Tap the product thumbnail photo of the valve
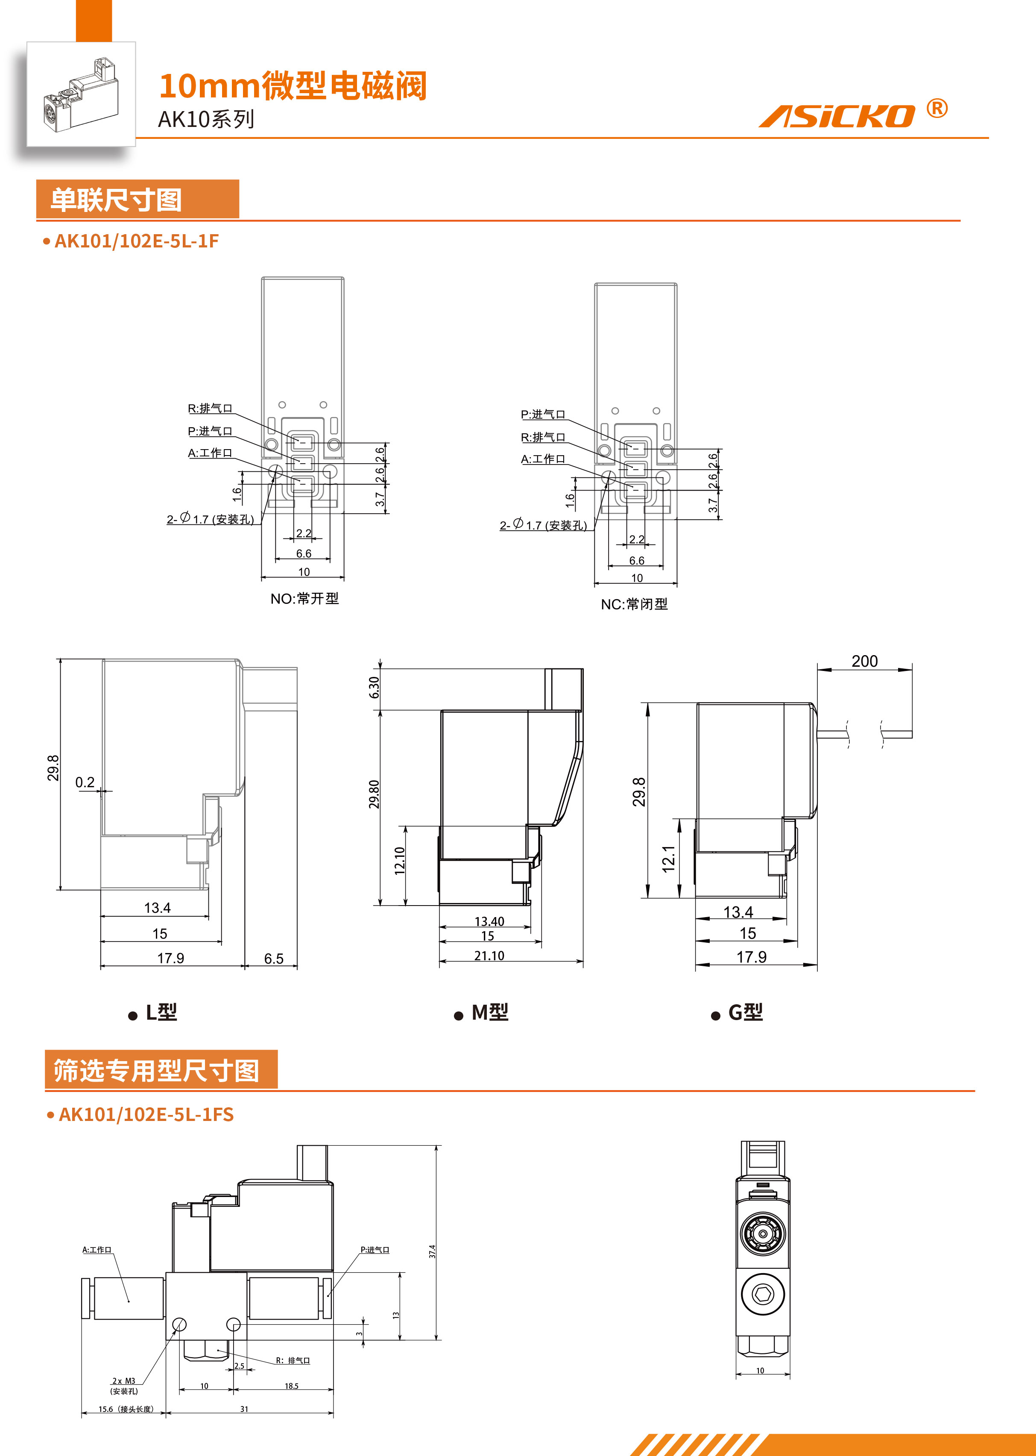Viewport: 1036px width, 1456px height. click(81, 94)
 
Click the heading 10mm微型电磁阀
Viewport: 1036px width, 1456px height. click(292, 86)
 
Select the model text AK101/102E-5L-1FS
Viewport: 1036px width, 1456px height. click(146, 1115)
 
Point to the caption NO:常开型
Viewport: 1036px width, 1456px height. click(304, 599)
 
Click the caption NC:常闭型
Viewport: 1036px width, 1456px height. click(634, 604)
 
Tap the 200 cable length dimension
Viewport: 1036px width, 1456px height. click(864, 661)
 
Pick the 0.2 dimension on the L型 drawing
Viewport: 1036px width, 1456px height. click(85, 782)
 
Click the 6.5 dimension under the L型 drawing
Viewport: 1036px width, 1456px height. click(274, 959)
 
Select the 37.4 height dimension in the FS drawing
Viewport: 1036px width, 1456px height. click(432, 1251)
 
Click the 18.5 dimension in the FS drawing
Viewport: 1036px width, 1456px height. click(292, 1386)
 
